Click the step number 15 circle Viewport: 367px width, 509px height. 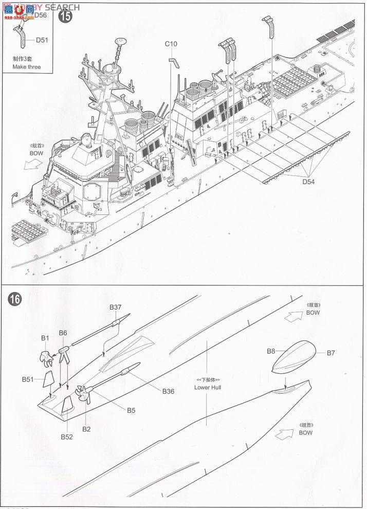(66, 16)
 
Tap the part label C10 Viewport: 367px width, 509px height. (171, 44)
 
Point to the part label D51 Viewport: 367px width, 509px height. (42, 39)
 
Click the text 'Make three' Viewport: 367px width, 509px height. (27, 67)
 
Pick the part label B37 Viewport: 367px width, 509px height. (115, 307)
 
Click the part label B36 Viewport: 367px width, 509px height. (168, 391)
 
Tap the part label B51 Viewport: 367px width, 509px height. (28, 379)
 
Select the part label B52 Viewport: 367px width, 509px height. (67, 437)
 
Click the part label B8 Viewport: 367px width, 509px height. (271, 351)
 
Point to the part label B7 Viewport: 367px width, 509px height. (331, 353)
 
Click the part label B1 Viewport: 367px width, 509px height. (45, 338)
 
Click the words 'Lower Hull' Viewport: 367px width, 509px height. (208, 387)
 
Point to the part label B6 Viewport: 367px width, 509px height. (63, 333)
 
